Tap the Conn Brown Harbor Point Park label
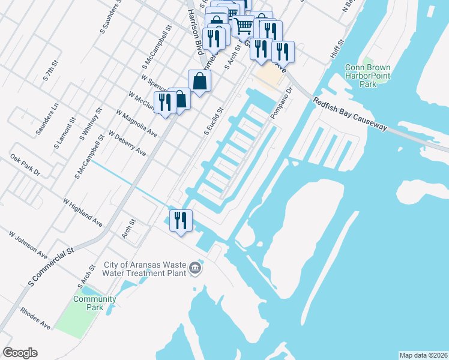coord(368,76)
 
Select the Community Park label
coord(94,303)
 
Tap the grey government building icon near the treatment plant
coord(194,268)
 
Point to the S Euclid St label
coord(214,121)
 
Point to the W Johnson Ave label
coord(28,244)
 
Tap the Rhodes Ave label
coord(35,319)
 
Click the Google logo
coord(20,352)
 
